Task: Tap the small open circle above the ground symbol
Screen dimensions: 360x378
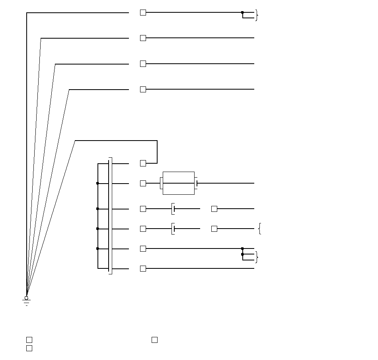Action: [27, 298]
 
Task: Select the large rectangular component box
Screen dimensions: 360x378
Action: [179, 183]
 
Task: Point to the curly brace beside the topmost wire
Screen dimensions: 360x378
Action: [257, 16]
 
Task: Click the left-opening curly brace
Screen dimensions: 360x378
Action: [260, 229]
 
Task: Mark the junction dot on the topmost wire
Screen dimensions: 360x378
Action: [242, 13]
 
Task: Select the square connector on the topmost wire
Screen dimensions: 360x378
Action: [143, 13]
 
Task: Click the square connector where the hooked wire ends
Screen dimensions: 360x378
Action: [143, 163]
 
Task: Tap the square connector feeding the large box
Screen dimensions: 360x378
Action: [143, 183]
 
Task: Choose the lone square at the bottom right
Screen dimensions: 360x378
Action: [154, 340]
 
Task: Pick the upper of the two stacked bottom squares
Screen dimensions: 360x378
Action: [29, 340]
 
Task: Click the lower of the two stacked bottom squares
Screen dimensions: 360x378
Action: [29, 348]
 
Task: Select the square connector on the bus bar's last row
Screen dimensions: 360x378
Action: [143, 269]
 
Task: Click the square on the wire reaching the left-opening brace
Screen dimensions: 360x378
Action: [214, 229]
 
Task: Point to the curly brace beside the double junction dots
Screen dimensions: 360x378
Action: [257, 257]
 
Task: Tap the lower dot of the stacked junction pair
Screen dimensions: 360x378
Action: [242, 254]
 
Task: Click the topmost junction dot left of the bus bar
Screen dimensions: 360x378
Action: [97, 183]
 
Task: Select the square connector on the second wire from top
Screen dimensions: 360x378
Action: [143, 38]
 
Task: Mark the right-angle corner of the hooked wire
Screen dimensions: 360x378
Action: [157, 141]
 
